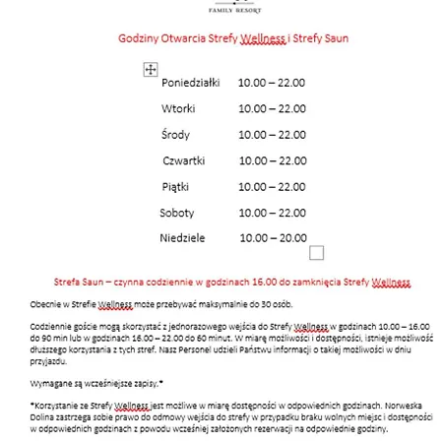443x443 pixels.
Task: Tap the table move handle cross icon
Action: click(x=151, y=70)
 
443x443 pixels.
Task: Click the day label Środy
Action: click(x=176, y=134)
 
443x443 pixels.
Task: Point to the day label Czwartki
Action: click(x=184, y=160)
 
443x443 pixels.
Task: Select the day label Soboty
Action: click(x=177, y=212)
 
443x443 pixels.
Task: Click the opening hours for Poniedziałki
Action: click(x=273, y=84)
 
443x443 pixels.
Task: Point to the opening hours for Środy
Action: click(x=273, y=134)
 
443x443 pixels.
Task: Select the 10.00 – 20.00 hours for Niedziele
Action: click(x=273, y=237)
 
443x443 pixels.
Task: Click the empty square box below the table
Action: click(x=317, y=253)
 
